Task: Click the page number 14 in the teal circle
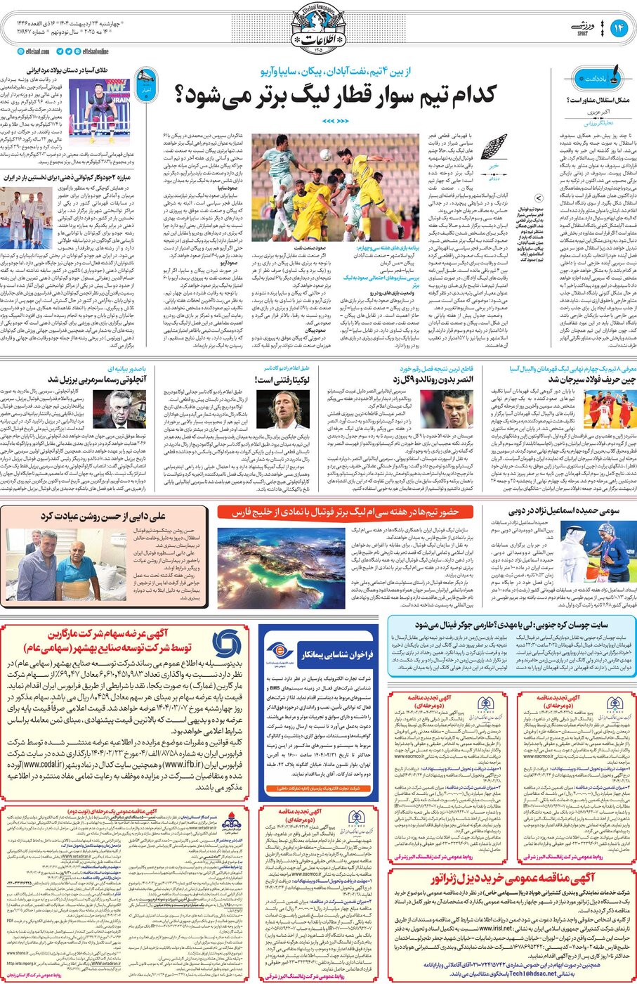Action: click(619, 28)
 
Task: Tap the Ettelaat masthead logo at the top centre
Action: click(319, 28)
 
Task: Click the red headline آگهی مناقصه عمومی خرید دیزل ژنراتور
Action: click(513, 879)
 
